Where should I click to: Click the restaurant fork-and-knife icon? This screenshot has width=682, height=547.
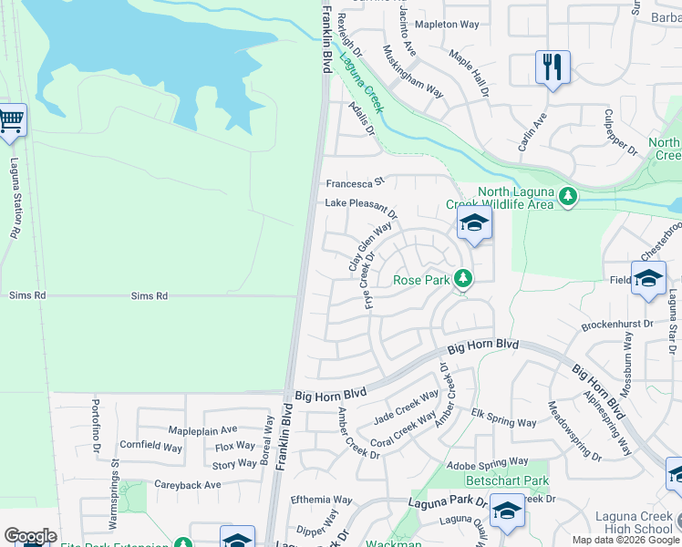pos(553,67)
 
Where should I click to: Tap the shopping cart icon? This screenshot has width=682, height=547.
pos(10,120)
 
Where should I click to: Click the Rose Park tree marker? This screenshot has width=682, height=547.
pos(464,279)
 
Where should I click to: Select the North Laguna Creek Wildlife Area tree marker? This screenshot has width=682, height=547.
pos(569,196)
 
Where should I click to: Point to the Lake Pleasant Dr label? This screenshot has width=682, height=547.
pos(361,207)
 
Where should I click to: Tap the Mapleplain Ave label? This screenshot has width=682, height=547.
pos(202,429)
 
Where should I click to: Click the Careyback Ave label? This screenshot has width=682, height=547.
pos(187,485)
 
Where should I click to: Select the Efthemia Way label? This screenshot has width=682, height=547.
pos(321,501)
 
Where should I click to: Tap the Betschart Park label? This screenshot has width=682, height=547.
pos(507,480)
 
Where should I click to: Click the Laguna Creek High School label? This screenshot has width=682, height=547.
pos(633,522)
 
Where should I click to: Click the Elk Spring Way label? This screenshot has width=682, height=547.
pos(503,420)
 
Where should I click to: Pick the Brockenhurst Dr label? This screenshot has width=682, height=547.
pos(617,324)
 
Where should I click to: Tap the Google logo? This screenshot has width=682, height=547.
pos(30,535)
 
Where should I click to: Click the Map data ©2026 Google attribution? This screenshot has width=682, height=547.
pos(625,540)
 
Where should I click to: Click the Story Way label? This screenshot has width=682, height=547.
pos(234,464)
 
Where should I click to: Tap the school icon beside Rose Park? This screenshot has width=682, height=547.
pos(474,225)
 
